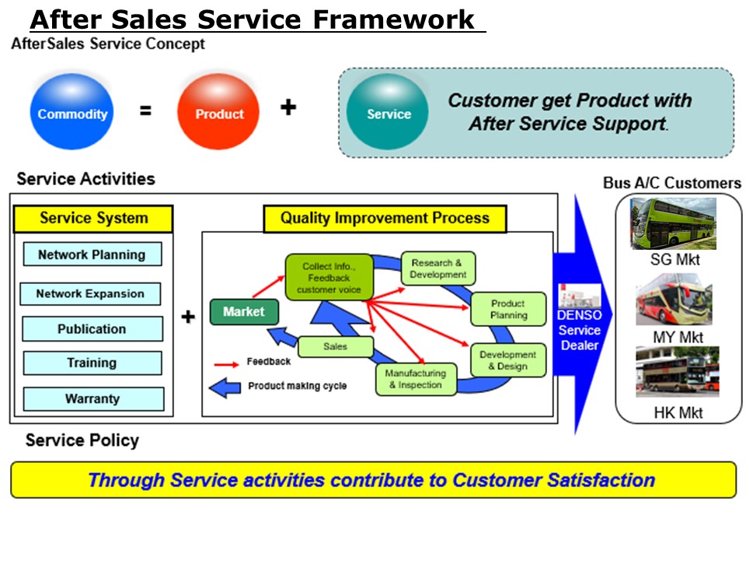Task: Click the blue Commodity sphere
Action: click(71, 111)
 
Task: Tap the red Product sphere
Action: click(218, 111)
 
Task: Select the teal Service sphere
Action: click(388, 111)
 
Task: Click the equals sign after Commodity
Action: click(145, 110)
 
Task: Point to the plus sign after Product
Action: click(288, 107)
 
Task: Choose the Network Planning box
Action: click(92, 254)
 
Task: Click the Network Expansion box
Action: click(90, 294)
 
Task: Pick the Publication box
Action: click(92, 328)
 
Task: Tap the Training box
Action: click(92, 363)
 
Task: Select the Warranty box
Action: click(93, 398)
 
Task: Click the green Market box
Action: click(244, 312)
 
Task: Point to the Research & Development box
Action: click(438, 268)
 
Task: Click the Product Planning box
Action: click(508, 309)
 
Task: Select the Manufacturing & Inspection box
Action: click(417, 379)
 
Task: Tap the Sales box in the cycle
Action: click(336, 347)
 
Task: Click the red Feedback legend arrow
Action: click(226, 365)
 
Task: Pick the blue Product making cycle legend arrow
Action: click(225, 387)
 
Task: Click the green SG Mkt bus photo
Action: click(673, 224)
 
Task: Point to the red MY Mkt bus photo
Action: click(675, 299)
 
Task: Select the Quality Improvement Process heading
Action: click(385, 219)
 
